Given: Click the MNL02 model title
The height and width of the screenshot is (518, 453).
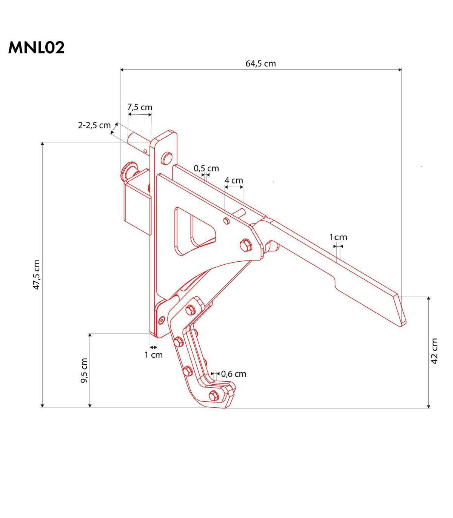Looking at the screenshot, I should [x=36, y=48].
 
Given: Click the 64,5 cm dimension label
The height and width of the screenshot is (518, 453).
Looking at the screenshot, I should [x=260, y=63].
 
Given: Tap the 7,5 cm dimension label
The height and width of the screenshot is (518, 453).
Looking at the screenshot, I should [x=140, y=107].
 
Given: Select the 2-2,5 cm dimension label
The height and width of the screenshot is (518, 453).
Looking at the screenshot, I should [x=94, y=125].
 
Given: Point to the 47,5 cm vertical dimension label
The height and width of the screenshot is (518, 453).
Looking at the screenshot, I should [x=37, y=274].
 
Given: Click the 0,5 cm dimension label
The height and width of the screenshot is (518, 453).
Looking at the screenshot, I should [x=206, y=168].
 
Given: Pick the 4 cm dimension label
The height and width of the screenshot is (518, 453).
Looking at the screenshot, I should [x=234, y=180].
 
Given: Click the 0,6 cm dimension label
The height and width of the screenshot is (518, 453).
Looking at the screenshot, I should [x=234, y=374].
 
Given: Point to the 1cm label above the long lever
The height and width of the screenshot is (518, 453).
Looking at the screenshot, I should [x=338, y=237].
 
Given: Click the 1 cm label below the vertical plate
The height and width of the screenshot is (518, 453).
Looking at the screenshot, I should [x=154, y=355].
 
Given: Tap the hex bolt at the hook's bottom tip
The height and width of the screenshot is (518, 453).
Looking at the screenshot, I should [x=214, y=395].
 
